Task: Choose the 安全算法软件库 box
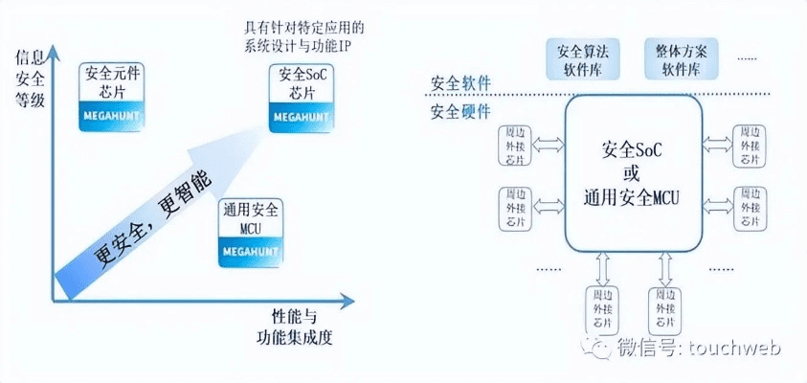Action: tap(582, 58)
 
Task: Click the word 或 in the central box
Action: tap(631, 173)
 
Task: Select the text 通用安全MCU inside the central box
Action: tap(631, 197)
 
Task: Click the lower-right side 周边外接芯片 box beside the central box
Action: tap(747, 208)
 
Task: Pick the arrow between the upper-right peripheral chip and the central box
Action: tap(716, 145)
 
